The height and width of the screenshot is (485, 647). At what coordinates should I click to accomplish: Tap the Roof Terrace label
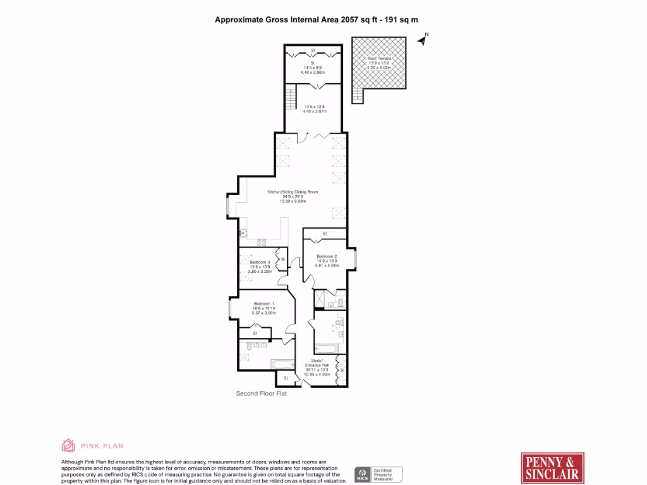(x=380, y=58)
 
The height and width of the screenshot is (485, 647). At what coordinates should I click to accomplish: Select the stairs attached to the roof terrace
(x=358, y=95)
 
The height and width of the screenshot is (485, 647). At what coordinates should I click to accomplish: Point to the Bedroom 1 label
(x=264, y=302)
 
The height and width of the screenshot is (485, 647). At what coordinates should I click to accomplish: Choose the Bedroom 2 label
(x=327, y=256)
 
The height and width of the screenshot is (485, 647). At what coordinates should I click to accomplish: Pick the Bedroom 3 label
(x=260, y=261)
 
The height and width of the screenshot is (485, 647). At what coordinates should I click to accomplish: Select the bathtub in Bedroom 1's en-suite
(x=282, y=364)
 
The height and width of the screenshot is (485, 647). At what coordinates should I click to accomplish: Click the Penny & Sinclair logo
(x=549, y=468)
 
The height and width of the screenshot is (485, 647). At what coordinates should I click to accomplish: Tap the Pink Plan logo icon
(x=68, y=446)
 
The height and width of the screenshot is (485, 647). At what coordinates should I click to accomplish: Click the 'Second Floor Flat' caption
(x=261, y=393)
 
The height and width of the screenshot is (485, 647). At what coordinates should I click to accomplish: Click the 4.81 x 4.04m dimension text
(x=327, y=266)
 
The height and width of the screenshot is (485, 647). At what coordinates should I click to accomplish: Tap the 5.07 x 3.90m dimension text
(x=264, y=313)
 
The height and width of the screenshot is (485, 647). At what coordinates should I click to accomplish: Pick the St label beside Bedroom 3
(x=283, y=259)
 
